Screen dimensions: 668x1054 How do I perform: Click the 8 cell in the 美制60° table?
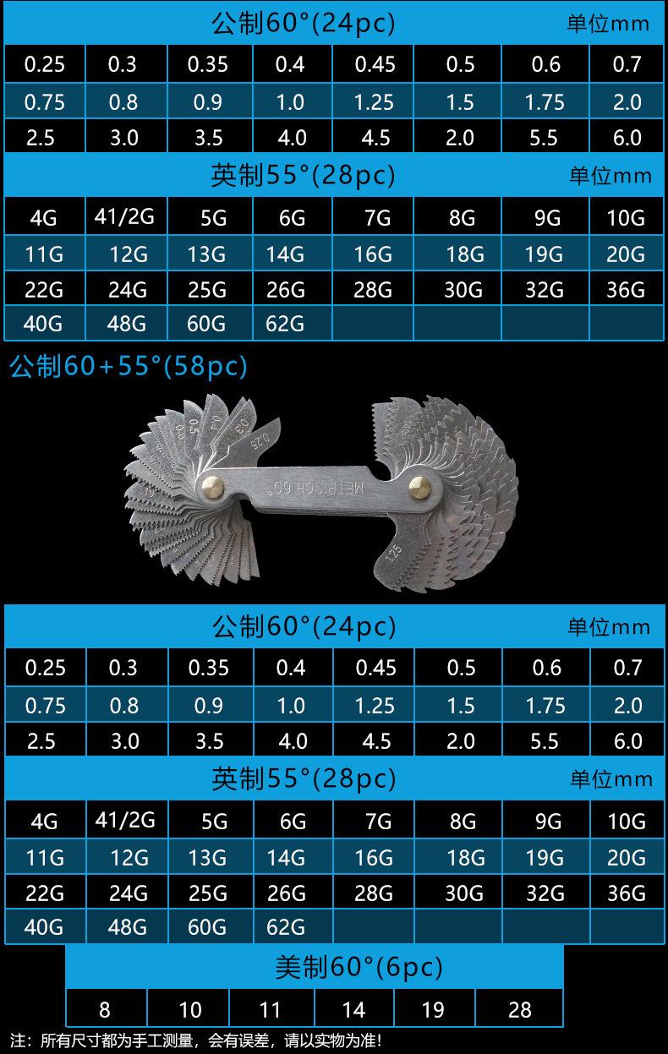coord(105,1009)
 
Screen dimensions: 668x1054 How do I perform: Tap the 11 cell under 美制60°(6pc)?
coord(271,1009)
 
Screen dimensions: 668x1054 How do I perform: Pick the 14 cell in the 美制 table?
coord(353,1009)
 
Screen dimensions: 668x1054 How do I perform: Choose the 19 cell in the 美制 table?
coord(433,1009)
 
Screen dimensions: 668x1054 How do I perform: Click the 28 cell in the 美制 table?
coord(520,1009)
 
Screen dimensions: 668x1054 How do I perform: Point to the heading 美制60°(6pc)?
coord(359,968)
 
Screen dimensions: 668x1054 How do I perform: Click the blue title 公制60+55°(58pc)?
coord(128,366)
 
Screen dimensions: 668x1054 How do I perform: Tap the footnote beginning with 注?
coord(196,1040)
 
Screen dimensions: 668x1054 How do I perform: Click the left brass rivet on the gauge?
coord(213,486)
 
